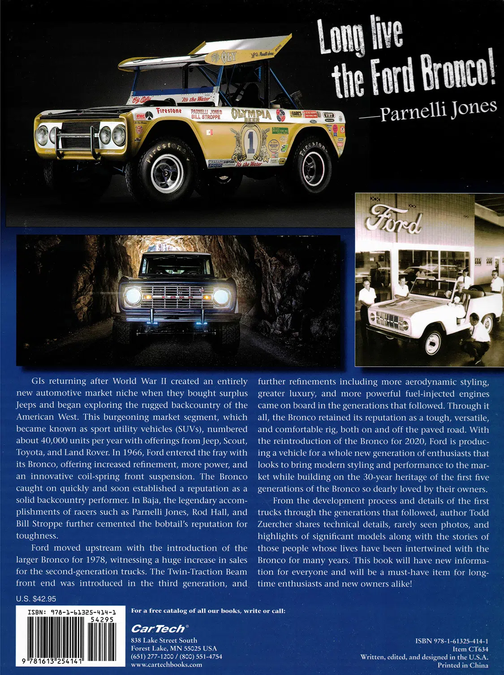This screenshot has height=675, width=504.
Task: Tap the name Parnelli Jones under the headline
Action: [438, 110]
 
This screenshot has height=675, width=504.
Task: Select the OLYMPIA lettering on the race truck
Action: [251, 114]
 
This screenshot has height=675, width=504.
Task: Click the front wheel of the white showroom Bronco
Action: [432, 342]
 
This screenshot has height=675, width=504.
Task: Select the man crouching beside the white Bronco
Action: [477, 336]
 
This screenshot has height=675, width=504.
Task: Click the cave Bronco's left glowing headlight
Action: [134, 296]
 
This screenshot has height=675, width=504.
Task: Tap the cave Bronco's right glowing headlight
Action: [221, 296]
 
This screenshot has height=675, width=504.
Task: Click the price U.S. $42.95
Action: [36, 599]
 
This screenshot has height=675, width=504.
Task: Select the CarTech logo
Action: [158, 629]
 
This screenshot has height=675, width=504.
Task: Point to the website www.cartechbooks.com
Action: [166, 665]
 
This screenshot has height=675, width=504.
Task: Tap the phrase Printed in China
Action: [463, 665]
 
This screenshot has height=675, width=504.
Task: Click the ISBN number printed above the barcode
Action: [72, 612]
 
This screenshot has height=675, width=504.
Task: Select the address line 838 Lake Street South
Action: [164, 640]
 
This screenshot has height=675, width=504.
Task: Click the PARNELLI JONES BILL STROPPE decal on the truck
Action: [206, 114]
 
